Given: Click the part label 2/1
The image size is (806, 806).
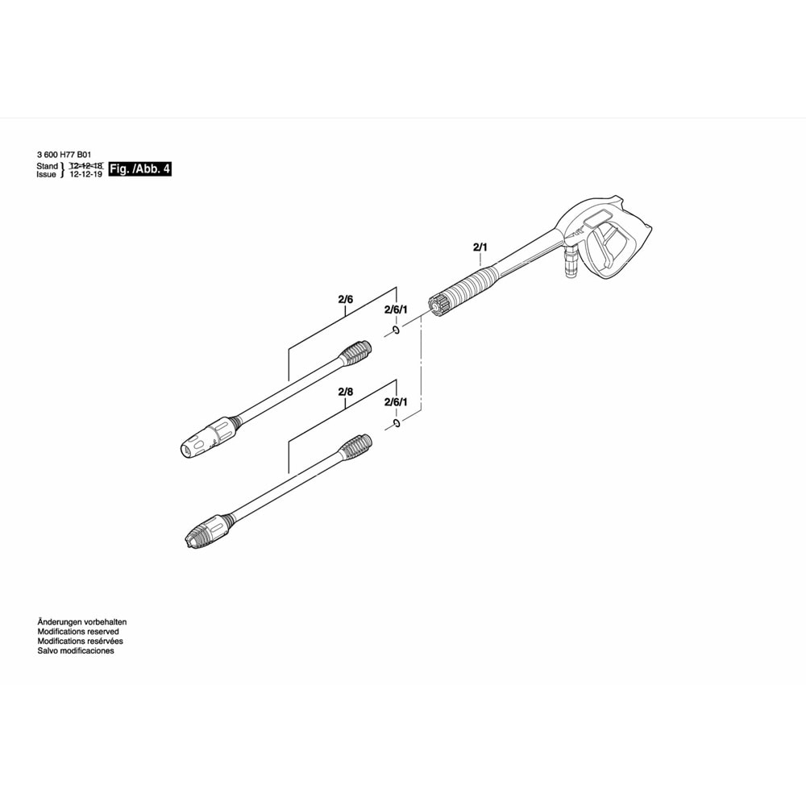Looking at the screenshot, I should (x=480, y=247).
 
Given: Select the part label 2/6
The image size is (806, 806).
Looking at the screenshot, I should (x=346, y=300).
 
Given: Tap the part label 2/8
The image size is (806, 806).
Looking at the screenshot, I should (x=346, y=392).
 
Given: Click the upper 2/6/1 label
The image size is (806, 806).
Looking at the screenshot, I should (x=396, y=310).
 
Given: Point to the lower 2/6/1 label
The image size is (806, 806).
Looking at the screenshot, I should (x=396, y=401).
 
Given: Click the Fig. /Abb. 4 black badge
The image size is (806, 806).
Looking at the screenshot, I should (x=140, y=168).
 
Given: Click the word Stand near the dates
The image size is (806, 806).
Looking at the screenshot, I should (x=47, y=165).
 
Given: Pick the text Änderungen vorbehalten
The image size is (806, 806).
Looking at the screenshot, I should (x=82, y=622).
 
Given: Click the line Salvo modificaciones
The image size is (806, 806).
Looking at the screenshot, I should (x=76, y=650).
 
